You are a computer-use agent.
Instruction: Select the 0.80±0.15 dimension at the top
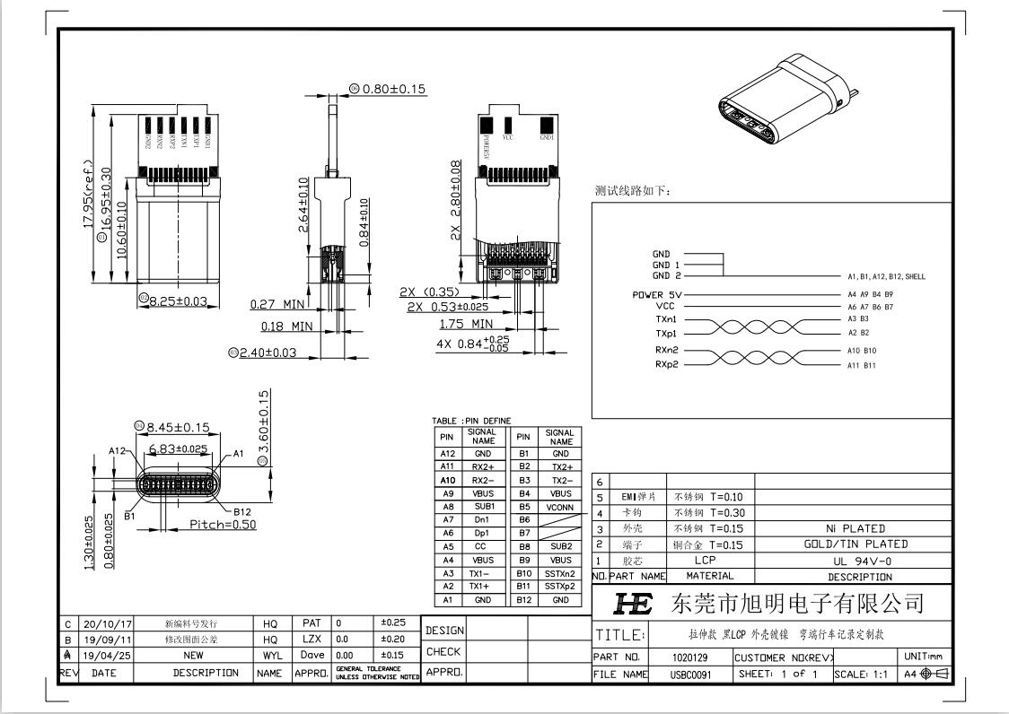click(x=393, y=89)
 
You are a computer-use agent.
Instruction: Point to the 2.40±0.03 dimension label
click(x=267, y=353)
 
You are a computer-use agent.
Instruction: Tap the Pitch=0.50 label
click(x=223, y=525)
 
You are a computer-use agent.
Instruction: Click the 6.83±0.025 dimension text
click(x=178, y=448)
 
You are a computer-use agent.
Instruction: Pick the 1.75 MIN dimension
click(x=466, y=324)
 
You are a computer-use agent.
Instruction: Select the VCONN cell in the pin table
click(x=560, y=507)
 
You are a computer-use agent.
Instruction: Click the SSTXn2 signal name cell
click(x=560, y=573)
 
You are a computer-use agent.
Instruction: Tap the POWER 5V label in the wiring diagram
click(x=660, y=294)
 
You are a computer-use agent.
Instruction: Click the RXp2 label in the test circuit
click(x=666, y=365)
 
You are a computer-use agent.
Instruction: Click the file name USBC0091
click(x=689, y=675)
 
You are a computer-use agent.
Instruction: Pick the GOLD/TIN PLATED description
click(x=855, y=544)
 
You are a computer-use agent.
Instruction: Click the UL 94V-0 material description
click(x=855, y=560)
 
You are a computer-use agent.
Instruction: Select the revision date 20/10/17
click(x=107, y=623)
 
